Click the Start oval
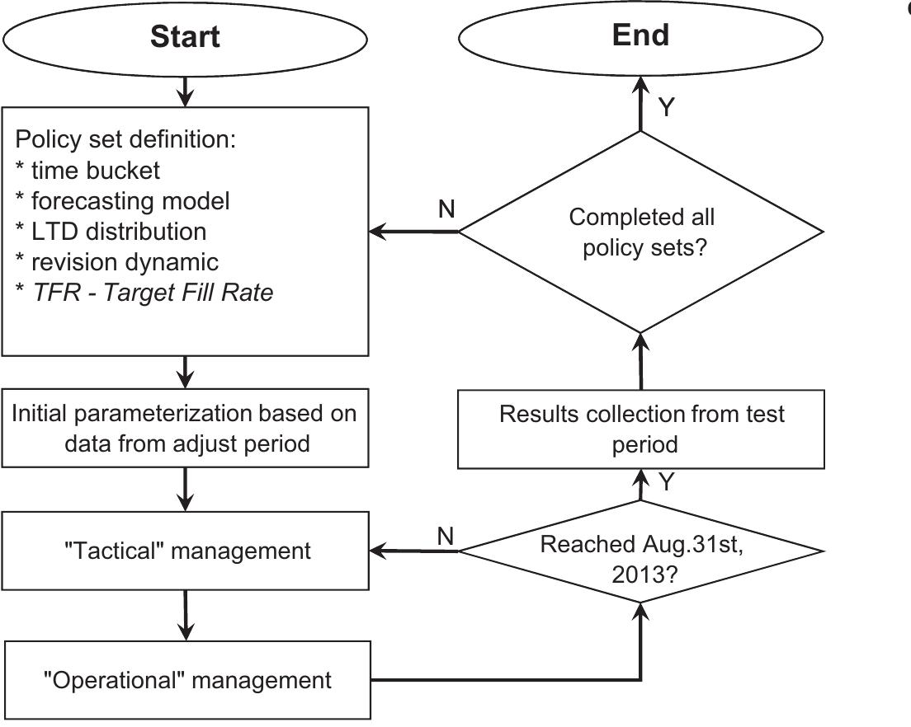tap(185, 38)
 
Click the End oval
tap(640, 36)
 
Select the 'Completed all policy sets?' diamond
tap(641, 232)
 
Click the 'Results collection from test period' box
tap(641, 428)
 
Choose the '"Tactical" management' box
tap(186, 551)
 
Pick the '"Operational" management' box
tap(187, 680)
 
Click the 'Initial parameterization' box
tap(185, 428)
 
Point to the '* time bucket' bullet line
tap(87, 171)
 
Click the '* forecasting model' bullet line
tap(122, 200)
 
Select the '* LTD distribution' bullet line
tap(111, 232)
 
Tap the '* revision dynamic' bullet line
tap(116, 261)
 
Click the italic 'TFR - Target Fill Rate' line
tap(152, 292)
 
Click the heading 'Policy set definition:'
tap(126, 139)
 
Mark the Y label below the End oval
tap(667, 107)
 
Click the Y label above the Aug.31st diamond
tap(667, 482)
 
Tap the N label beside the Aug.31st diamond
tap(446, 536)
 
